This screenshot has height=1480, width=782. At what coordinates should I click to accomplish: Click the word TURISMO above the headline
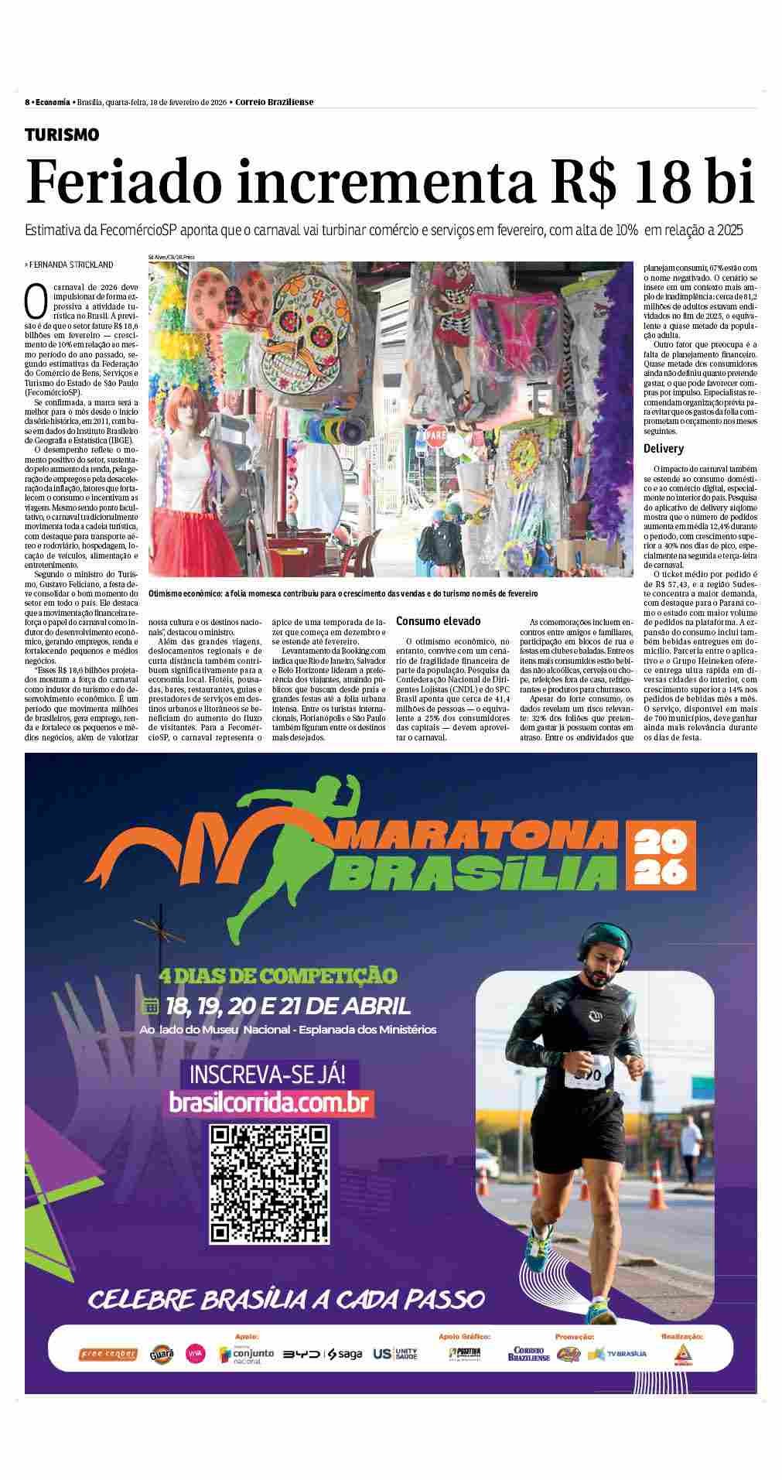click(x=62, y=135)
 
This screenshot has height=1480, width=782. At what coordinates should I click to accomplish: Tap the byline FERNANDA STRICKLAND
click(x=70, y=265)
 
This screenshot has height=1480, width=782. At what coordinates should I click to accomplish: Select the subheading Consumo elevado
click(x=438, y=621)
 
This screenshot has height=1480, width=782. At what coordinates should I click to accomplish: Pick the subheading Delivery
click(x=664, y=449)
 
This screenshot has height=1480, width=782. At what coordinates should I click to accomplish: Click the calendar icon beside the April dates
click(x=149, y=1006)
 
